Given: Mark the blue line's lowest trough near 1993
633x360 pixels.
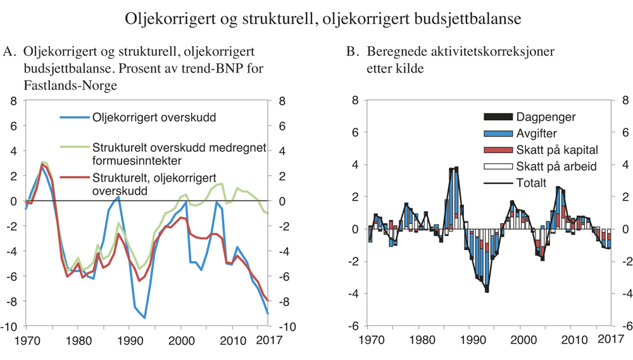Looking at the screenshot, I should (x=145, y=318).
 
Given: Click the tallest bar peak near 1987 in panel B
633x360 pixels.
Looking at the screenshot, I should (x=456, y=168).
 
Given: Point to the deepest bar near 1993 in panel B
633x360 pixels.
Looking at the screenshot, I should (x=487, y=290).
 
